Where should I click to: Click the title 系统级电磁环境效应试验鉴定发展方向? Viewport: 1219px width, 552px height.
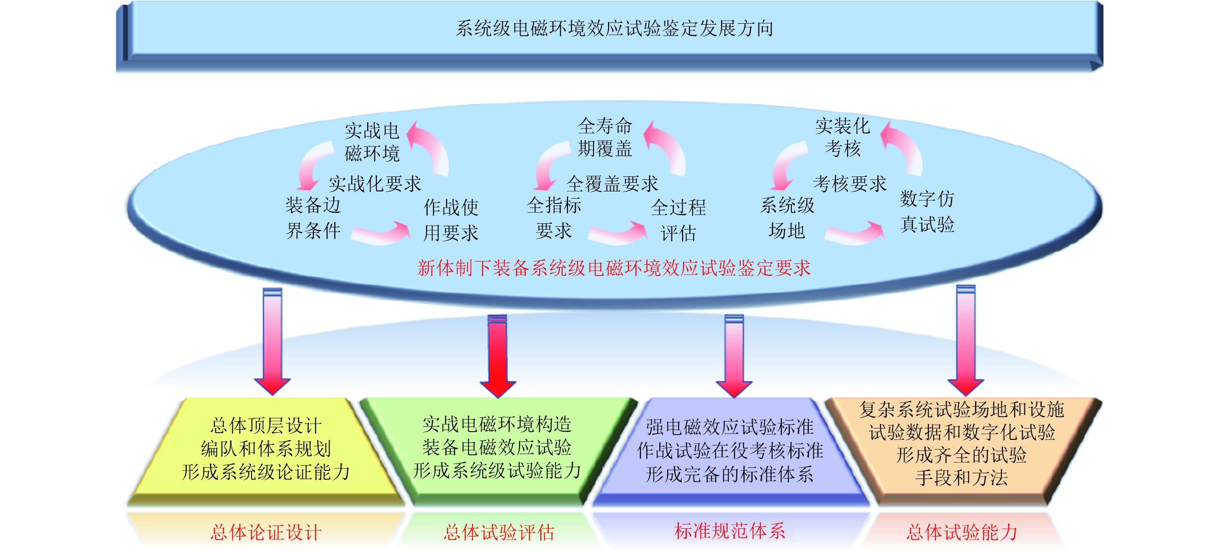click(x=614, y=29)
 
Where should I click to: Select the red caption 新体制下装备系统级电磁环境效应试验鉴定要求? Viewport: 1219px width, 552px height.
click(x=613, y=268)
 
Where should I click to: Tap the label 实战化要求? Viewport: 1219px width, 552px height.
click(x=375, y=184)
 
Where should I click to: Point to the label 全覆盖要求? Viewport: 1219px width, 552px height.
click(x=612, y=184)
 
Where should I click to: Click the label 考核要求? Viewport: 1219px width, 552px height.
click(x=849, y=184)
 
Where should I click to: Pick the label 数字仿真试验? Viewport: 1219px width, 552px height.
click(x=927, y=211)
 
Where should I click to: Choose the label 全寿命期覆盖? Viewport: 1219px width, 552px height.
click(x=605, y=137)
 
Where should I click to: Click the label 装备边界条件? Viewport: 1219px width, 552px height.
click(x=313, y=218)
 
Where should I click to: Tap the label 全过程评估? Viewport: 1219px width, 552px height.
click(x=678, y=220)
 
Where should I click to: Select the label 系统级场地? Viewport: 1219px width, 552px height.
click(x=787, y=218)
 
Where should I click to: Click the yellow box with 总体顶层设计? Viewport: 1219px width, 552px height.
click(x=266, y=449)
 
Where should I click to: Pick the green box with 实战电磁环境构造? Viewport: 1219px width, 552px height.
click(x=497, y=448)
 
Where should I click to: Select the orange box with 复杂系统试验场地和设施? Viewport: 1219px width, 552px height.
click(x=961, y=444)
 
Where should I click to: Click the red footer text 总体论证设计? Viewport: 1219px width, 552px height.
click(x=266, y=533)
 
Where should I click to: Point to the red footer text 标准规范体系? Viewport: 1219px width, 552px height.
click(x=729, y=531)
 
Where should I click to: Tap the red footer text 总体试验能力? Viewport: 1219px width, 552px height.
click(x=962, y=532)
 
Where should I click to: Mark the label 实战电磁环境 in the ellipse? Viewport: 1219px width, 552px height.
click(x=372, y=142)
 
